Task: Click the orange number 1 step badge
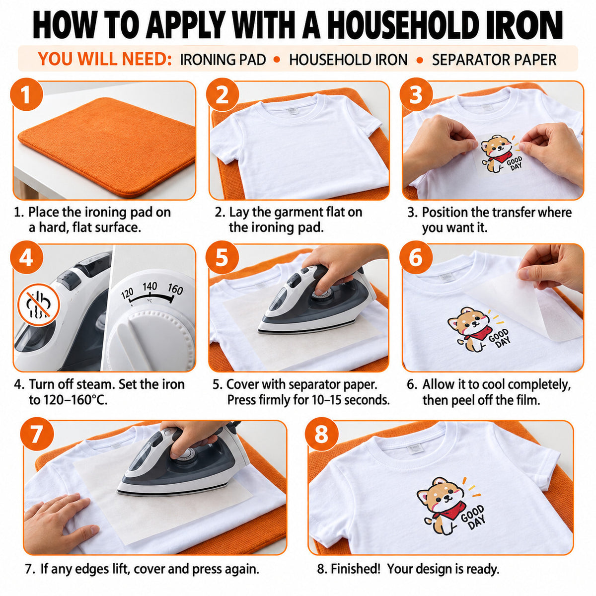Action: coord(27,95)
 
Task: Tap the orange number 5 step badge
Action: coord(222,257)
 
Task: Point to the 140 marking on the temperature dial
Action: coord(149,287)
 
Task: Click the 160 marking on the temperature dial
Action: coord(175,289)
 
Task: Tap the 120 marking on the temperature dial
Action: coord(127,293)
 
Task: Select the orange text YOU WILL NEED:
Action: coord(104,59)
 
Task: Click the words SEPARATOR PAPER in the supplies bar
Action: coord(494,60)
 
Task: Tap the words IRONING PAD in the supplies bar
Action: coord(223,60)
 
